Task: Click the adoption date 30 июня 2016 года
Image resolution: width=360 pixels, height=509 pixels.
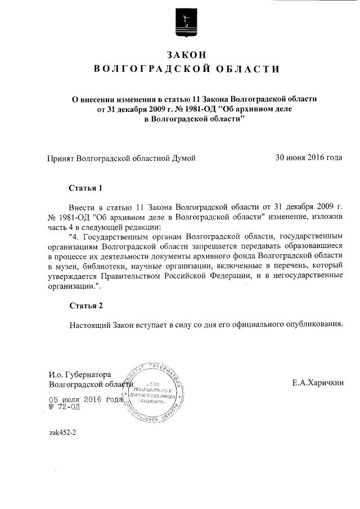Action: click(x=308, y=157)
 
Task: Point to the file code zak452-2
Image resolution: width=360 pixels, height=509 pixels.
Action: click(x=62, y=433)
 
